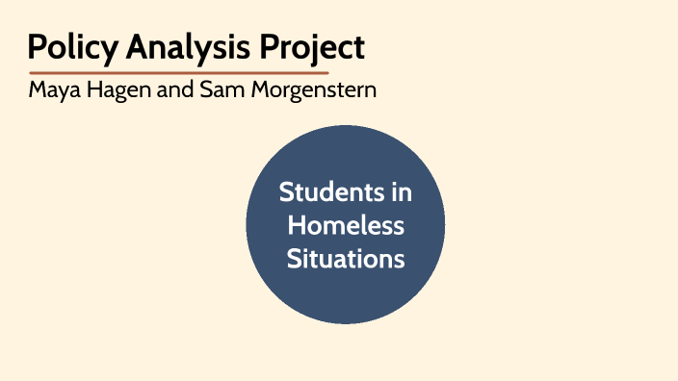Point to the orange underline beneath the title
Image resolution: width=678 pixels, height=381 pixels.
tap(179, 72)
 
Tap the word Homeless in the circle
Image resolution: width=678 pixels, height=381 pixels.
tap(346, 226)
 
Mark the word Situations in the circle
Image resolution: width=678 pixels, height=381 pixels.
tap(346, 259)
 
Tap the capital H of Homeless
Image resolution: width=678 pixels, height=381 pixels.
tap(296, 226)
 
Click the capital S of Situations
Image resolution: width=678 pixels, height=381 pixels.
tap(293, 259)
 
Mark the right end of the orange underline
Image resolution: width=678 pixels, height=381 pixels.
tap(327, 72)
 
